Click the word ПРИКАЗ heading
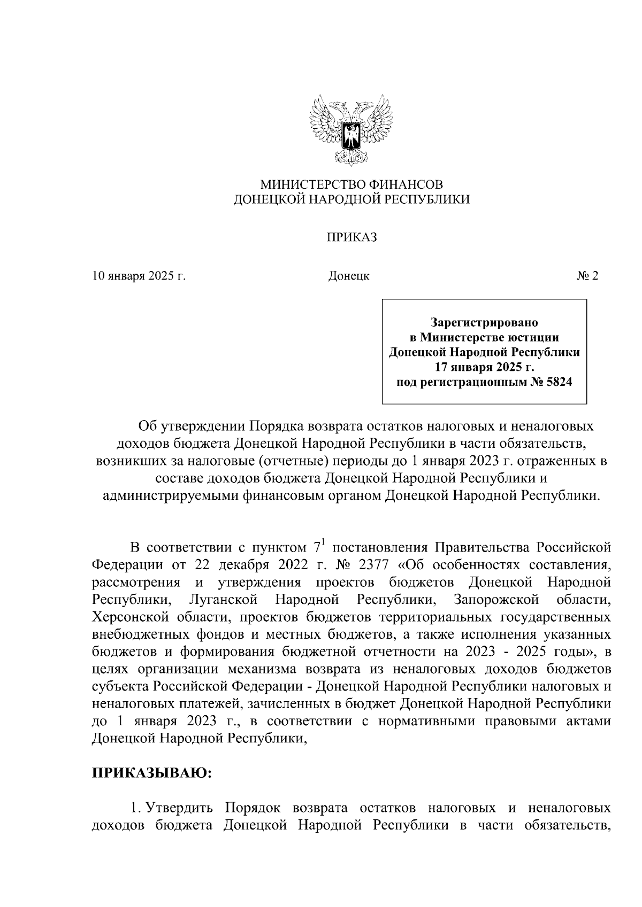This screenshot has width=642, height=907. point(351,238)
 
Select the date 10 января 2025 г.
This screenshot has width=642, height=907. point(139,276)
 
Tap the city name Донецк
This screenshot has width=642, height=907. point(348,276)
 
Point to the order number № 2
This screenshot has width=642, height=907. point(587,276)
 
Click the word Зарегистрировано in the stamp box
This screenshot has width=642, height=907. point(484,323)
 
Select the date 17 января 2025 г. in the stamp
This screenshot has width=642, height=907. point(484,367)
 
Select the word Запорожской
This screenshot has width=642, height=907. point(495,600)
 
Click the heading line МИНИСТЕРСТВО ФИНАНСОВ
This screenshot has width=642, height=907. point(351,185)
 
